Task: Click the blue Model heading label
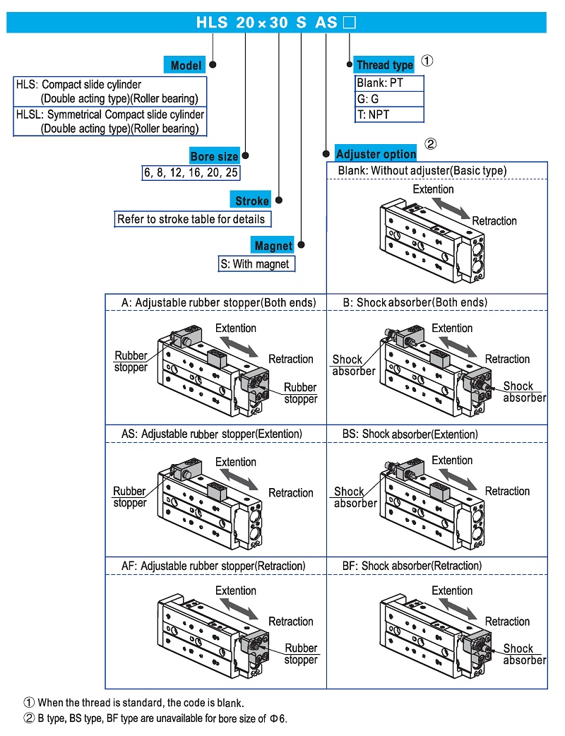[186, 66]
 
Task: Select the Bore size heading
[214, 156]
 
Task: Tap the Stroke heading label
[251, 201]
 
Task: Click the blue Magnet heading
[273, 246]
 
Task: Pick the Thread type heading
[384, 65]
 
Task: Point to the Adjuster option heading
[376, 154]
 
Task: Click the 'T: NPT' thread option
[374, 114]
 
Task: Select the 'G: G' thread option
[369, 99]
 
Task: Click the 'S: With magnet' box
[255, 264]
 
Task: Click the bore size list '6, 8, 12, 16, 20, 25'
[191, 172]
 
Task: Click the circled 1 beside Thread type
[427, 61]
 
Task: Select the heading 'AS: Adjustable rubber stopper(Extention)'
[211, 434]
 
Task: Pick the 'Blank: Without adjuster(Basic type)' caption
[422, 170]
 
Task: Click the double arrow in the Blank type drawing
[451, 208]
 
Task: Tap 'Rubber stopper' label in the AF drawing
[301, 654]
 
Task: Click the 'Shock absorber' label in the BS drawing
[355, 497]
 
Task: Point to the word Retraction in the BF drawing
[507, 622]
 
